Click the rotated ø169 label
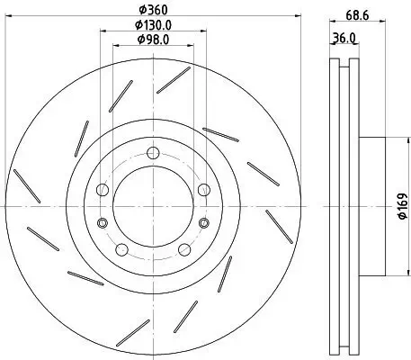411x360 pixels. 402,208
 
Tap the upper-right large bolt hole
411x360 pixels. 203,189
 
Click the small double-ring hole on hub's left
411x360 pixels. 103,222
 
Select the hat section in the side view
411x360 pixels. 373,206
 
